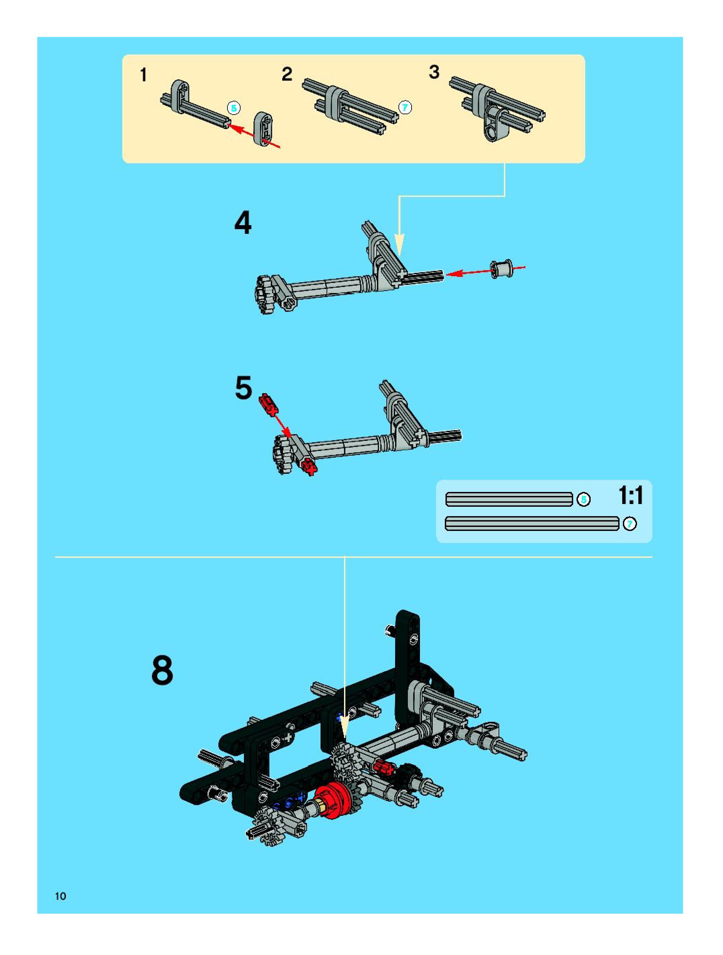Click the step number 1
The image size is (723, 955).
[144, 76]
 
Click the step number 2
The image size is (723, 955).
[287, 74]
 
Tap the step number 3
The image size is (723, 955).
[434, 72]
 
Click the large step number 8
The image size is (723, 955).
[162, 670]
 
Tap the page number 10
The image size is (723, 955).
[60, 896]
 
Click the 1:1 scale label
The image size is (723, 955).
[631, 495]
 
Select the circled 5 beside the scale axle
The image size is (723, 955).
[584, 500]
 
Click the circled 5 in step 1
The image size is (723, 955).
[233, 108]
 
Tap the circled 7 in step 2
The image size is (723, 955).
[405, 108]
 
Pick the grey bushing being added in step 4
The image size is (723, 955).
[502, 268]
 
